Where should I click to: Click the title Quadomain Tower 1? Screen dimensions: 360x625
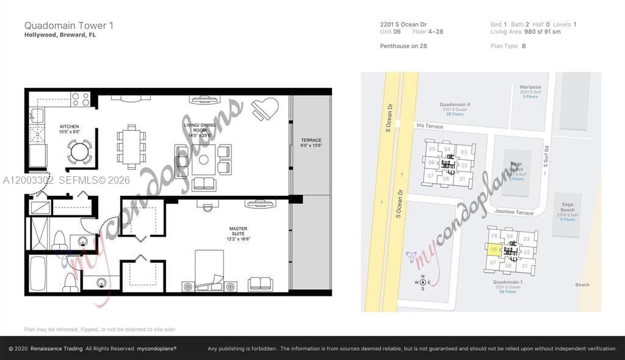(68, 26)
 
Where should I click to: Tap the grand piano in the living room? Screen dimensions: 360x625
(265, 109)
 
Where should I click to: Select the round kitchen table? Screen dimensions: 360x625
(79, 152)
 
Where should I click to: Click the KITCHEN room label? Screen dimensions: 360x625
(69, 129)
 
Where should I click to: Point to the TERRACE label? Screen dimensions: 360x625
(311, 143)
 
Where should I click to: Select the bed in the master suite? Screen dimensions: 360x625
(209, 271)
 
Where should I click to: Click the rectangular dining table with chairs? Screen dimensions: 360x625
(131, 146)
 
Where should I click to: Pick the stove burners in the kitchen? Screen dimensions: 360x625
(81, 99)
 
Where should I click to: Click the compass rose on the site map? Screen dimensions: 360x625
(422, 282)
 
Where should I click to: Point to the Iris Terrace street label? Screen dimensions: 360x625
(430, 126)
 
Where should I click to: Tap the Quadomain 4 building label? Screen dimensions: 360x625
(455, 104)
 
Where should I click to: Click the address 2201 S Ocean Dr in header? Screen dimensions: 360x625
(403, 24)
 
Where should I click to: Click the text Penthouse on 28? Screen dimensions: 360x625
(403, 46)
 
